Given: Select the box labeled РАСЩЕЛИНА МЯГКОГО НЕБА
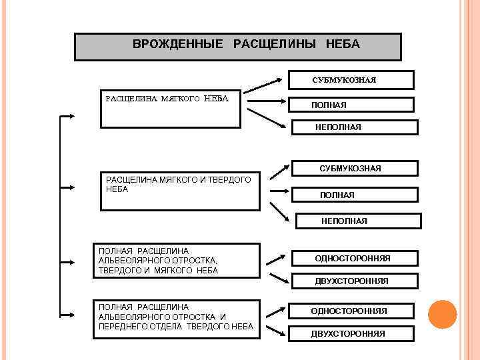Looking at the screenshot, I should (170, 108).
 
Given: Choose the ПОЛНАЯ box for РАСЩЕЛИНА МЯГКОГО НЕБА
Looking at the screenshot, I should (352, 105).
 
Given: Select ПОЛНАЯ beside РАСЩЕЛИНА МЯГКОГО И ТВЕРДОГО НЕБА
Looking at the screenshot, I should (355, 195).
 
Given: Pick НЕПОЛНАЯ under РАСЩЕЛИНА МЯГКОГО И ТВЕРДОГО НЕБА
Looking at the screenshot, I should (357, 221).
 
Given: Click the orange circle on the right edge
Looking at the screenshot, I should (441, 315).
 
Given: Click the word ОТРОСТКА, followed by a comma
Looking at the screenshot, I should (191, 261).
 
